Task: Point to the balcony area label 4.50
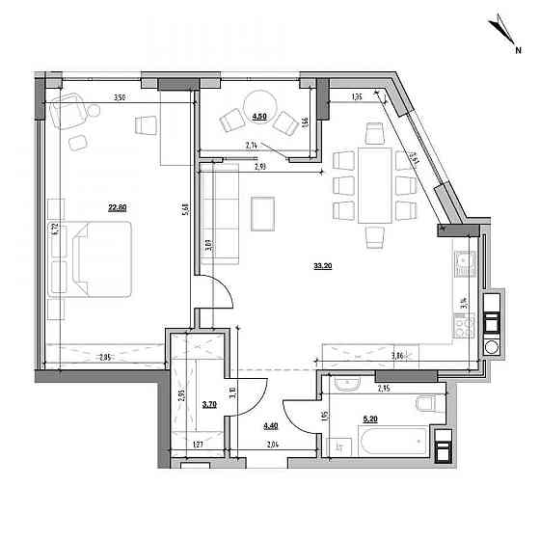click(259, 116)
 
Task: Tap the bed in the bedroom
click(89, 257)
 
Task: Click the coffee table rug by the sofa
click(262, 212)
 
